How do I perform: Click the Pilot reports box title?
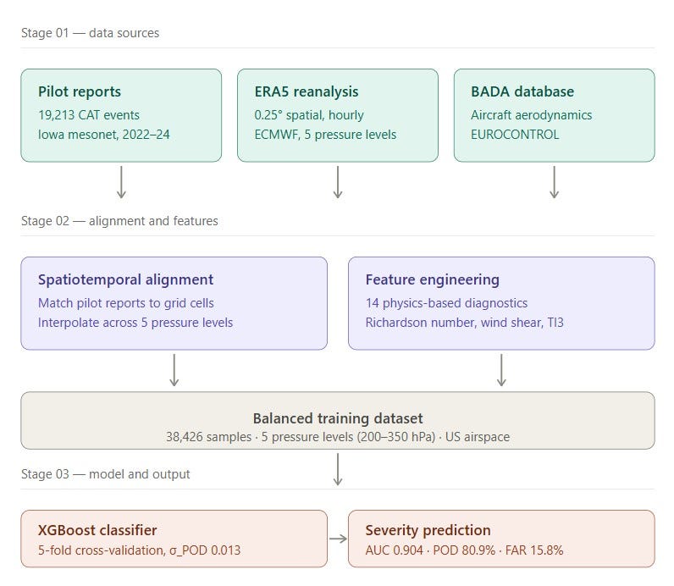coord(80,91)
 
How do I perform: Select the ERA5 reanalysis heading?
coord(307,91)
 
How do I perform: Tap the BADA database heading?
coord(522,91)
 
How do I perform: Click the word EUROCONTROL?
coord(515,135)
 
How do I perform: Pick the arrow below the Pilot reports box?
coord(121,182)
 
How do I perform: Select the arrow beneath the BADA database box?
coord(554,182)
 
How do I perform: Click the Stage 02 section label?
coord(119,221)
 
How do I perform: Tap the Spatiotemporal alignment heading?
coord(125,279)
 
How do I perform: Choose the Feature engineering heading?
coord(433,279)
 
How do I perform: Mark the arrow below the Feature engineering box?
coord(501,370)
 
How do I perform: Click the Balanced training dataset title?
coord(338,418)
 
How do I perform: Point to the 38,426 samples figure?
coord(209,437)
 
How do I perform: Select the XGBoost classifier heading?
coord(97,530)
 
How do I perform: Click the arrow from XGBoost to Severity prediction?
coord(338,539)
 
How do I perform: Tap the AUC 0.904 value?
coord(395,550)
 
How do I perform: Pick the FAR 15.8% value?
coord(534,550)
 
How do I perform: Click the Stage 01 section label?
coord(91,33)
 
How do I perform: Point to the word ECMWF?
coord(276,135)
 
